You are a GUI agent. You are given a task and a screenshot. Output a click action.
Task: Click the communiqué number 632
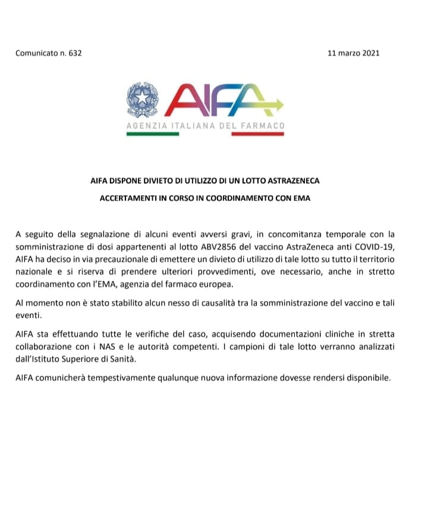click(74, 53)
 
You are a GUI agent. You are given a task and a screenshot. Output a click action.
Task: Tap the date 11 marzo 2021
click(353, 53)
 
